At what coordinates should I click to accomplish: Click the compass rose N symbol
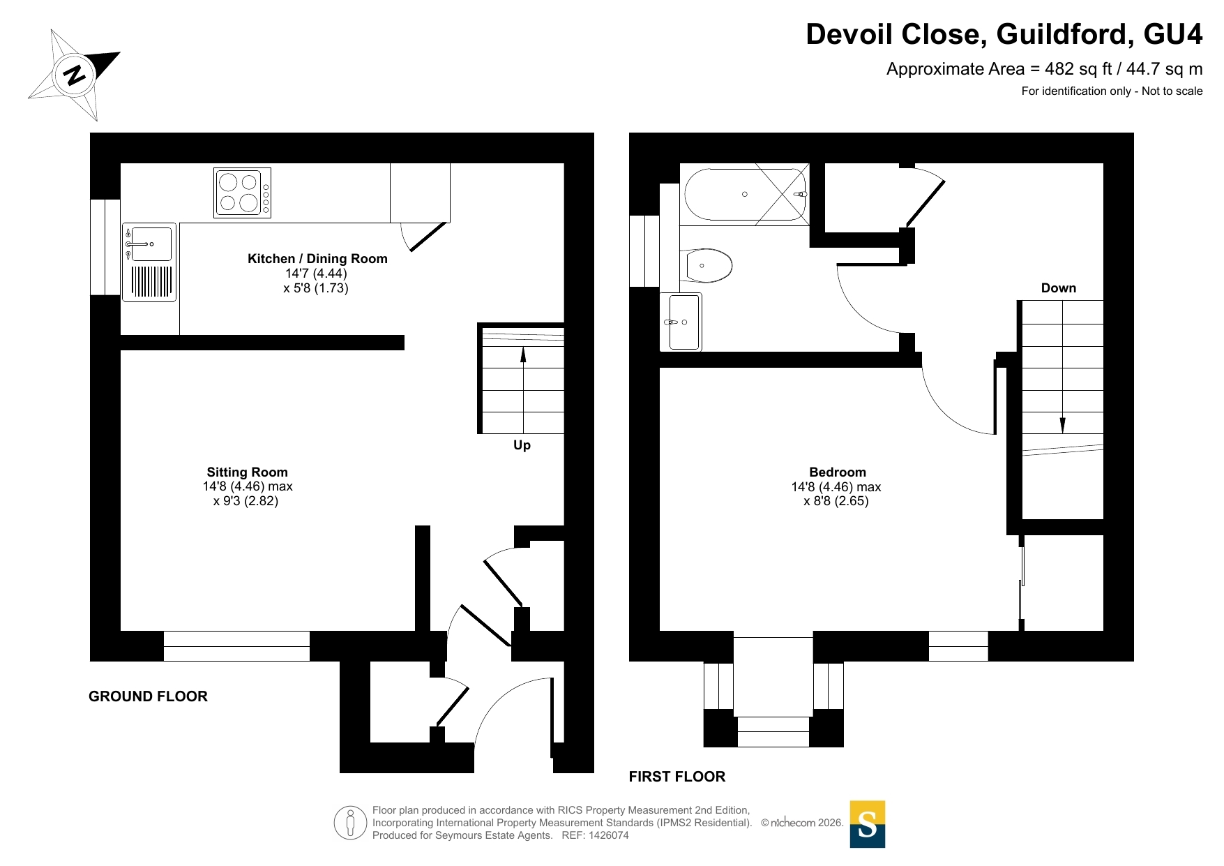(x=74, y=74)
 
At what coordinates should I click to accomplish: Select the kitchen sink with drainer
(x=149, y=262)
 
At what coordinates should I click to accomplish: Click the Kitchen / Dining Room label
(x=317, y=259)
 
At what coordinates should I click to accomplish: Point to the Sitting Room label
(x=247, y=472)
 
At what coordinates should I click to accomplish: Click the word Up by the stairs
(x=522, y=445)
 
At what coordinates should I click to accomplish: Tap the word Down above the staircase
(x=1058, y=288)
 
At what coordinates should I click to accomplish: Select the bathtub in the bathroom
(x=745, y=194)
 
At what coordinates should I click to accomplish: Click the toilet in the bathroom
(x=706, y=265)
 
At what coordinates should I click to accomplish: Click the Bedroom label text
(x=837, y=472)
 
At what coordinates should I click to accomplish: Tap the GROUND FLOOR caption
(x=148, y=696)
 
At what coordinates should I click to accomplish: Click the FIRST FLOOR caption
(x=677, y=777)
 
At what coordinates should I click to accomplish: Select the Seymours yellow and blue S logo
(x=867, y=824)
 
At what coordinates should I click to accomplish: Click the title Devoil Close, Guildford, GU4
(x=1004, y=34)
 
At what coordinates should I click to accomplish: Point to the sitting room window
(x=236, y=646)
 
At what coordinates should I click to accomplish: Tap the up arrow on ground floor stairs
(x=523, y=390)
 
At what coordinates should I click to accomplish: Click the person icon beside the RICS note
(x=350, y=822)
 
